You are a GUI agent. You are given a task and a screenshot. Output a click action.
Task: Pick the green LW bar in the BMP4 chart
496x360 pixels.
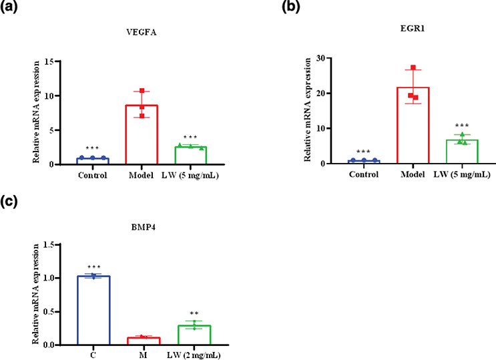click(194, 335)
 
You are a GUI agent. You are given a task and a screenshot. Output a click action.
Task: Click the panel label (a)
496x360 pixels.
click(11, 8)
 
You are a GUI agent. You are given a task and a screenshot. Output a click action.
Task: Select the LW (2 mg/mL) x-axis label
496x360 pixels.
click(194, 355)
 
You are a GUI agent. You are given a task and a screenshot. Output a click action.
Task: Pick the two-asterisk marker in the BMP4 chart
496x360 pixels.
click(194, 313)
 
